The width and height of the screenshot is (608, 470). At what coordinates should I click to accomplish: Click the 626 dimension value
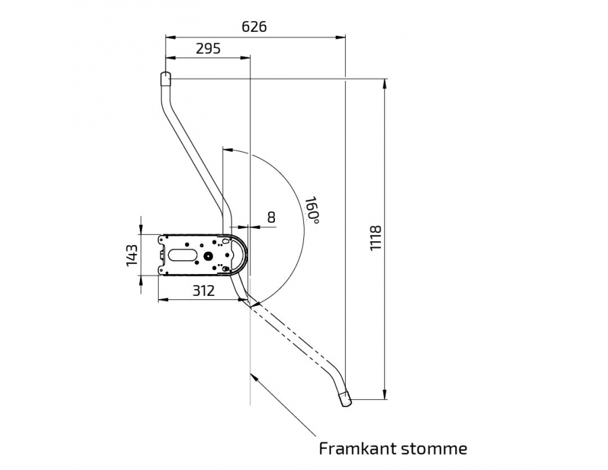click(x=255, y=27)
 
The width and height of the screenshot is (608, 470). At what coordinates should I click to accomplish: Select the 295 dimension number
click(x=208, y=49)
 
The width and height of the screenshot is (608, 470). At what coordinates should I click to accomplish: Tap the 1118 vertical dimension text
click(x=376, y=238)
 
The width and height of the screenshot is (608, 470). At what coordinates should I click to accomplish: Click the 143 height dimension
click(x=132, y=255)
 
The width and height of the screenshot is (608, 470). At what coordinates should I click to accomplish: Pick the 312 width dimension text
click(x=203, y=290)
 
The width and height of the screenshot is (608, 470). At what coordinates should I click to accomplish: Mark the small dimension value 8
click(x=272, y=217)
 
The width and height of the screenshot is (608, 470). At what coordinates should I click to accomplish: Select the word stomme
click(x=434, y=449)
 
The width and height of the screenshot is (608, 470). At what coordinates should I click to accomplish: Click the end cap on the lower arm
click(x=345, y=400)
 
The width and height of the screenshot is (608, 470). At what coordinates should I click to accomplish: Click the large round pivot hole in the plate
click(x=209, y=256)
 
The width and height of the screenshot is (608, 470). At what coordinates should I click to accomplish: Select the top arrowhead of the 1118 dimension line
click(x=384, y=84)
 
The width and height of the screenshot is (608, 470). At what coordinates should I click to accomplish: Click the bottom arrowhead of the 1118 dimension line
click(x=384, y=394)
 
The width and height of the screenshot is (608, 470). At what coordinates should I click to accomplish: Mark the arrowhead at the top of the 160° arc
click(x=228, y=149)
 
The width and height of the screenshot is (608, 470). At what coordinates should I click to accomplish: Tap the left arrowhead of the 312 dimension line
click(x=163, y=299)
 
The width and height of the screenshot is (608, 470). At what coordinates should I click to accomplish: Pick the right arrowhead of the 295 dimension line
click(x=245, y=58)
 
